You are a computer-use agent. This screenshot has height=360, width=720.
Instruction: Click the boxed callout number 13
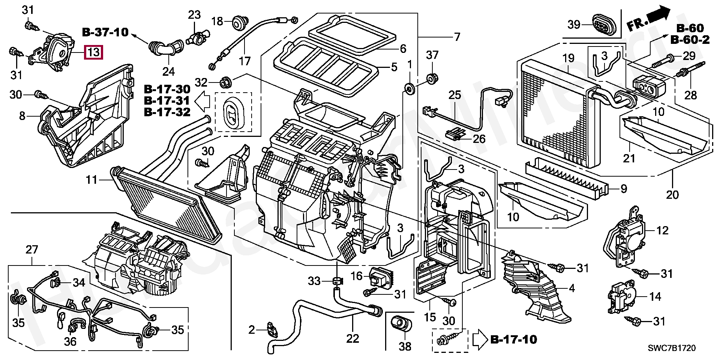point(93,52)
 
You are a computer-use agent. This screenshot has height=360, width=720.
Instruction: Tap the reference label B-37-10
point(105,32)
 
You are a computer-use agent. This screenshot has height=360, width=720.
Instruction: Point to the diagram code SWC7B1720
point(672,348)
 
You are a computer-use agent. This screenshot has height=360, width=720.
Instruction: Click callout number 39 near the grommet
point(574,24)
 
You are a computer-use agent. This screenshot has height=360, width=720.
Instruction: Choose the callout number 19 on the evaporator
point(568,58)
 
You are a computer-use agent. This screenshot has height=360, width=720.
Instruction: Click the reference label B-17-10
point(514,340)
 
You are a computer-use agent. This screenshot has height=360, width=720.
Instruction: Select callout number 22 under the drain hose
point(352,338)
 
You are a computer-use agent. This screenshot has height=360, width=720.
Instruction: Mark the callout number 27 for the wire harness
point(32,250)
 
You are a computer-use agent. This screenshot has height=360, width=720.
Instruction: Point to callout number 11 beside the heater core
point(91,180)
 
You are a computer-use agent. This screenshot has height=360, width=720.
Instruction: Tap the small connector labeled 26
point(455,134)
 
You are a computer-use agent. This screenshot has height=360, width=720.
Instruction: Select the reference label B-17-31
point(167,100)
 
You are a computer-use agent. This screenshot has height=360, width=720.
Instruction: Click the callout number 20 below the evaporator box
point(672,195)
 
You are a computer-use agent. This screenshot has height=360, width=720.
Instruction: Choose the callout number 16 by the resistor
point(357,276)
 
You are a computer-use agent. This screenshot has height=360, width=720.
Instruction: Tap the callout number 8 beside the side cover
point(22,116)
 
